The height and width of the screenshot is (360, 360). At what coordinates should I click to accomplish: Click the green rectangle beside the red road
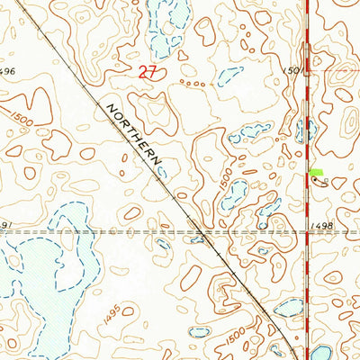(316, 171)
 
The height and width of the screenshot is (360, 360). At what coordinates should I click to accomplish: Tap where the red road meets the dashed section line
(308, 231)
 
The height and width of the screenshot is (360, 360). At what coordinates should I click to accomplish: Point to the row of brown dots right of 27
(192, 83)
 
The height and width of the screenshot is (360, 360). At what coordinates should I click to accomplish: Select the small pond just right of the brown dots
(229, 76)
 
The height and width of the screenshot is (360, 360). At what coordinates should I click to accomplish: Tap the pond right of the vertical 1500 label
(235, 193)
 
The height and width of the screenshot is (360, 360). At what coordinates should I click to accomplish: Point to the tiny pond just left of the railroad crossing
(163, 242)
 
